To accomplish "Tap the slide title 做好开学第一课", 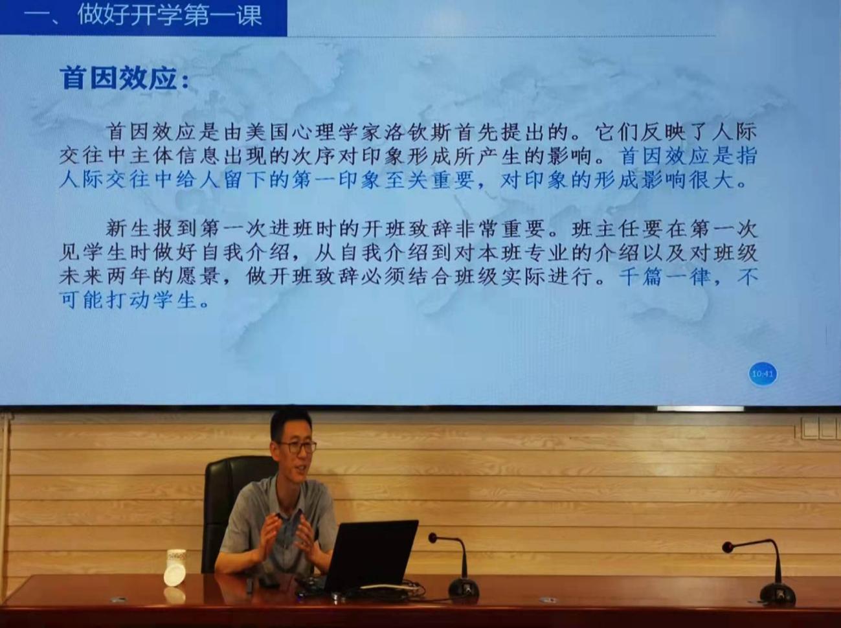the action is pyautogui.click(x=170, y=16).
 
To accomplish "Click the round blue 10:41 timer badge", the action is pyautogui.click(x=763, y=374).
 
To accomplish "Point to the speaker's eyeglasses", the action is pyautogui.click(x=297, y=447).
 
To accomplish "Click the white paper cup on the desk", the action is pyautogui.click(x=175, y=567).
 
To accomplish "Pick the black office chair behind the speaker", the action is pyautogui.click(x=234, y=510).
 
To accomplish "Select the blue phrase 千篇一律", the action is pyautogui.click(x=665, y=277).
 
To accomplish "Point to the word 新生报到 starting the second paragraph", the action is pyautogui.click(x=152, y=229).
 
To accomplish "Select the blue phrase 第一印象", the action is pyautogui.click(x=335, y=180).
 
